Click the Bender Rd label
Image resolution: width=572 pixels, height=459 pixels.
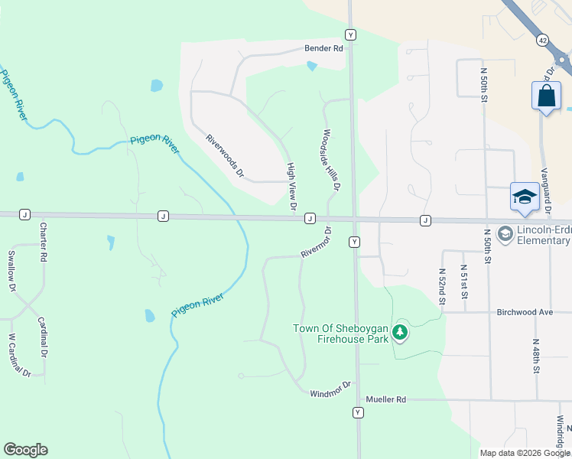point(324,47)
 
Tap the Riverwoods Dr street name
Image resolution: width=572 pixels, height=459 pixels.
point(224,157)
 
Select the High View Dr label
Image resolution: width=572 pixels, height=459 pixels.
point(291,186)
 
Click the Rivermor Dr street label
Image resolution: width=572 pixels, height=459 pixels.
point(316,243)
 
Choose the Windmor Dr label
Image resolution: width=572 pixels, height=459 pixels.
point(330,389)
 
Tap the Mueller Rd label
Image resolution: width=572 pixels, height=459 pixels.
point(385,399)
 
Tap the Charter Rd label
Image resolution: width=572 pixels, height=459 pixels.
point(44,243)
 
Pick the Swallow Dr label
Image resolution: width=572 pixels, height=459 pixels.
point(11,271)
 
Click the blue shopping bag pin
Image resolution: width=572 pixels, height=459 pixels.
point(545,96)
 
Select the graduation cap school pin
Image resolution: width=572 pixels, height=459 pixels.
point(525,197)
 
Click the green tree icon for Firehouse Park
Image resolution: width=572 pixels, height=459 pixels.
point(399,332)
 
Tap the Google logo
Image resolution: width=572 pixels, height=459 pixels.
point(25,450)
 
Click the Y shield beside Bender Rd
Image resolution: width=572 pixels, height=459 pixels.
point(349,34)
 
